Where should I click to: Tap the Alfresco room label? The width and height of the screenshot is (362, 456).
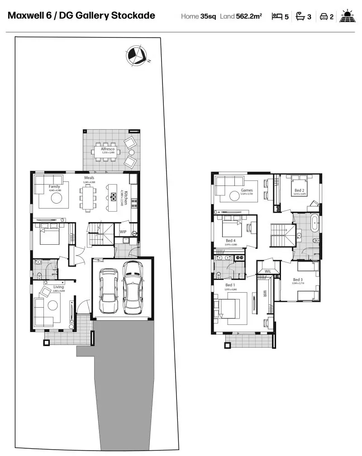point(108,149)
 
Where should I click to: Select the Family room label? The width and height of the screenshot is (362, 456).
point(54,186)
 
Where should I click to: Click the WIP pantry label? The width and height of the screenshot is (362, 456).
point(123,232)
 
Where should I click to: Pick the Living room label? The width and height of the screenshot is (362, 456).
point(59,287)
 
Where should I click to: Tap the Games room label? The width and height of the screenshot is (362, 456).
point(247,190)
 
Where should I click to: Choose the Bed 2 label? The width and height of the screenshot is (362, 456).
point(299,190)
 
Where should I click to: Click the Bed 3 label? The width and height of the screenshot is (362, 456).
point(298,279)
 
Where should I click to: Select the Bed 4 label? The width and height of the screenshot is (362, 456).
point(230,240)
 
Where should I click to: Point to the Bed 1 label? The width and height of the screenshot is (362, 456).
point(230,285)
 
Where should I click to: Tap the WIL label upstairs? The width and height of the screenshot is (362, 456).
point(267,271)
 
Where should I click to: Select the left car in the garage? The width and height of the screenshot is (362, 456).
point(108,291)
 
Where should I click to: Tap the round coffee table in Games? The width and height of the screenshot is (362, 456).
point(234,196)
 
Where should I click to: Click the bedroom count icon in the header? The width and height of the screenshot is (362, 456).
point(276,17)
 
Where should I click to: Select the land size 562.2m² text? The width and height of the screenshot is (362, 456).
point(249,17)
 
